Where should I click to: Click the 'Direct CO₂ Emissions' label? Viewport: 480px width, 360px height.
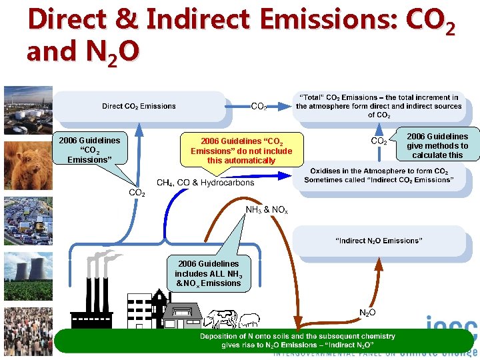[x=139, y=106]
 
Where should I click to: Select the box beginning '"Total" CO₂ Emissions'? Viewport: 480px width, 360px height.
[x=379, y=106]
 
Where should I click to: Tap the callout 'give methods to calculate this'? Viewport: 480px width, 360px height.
[x=437, y=145]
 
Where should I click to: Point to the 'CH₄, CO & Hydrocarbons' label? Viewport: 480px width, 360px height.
[x=205, y=183]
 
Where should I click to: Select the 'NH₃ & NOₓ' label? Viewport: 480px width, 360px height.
[x=267, y=210]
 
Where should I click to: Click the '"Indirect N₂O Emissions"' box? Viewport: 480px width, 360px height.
[x=379, y=240]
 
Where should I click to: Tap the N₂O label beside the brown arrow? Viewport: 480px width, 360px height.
[x=367, y=312]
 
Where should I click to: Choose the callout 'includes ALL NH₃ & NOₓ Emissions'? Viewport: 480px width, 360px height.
[x=209, y=273]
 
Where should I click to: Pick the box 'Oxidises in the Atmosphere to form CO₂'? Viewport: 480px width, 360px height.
[x=379, y=175]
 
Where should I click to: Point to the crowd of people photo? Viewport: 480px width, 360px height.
[x=27, y=329]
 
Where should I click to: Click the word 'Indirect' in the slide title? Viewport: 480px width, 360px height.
[x=199, y=20]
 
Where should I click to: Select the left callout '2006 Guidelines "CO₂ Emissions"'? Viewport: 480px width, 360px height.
[x=90, y=149]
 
